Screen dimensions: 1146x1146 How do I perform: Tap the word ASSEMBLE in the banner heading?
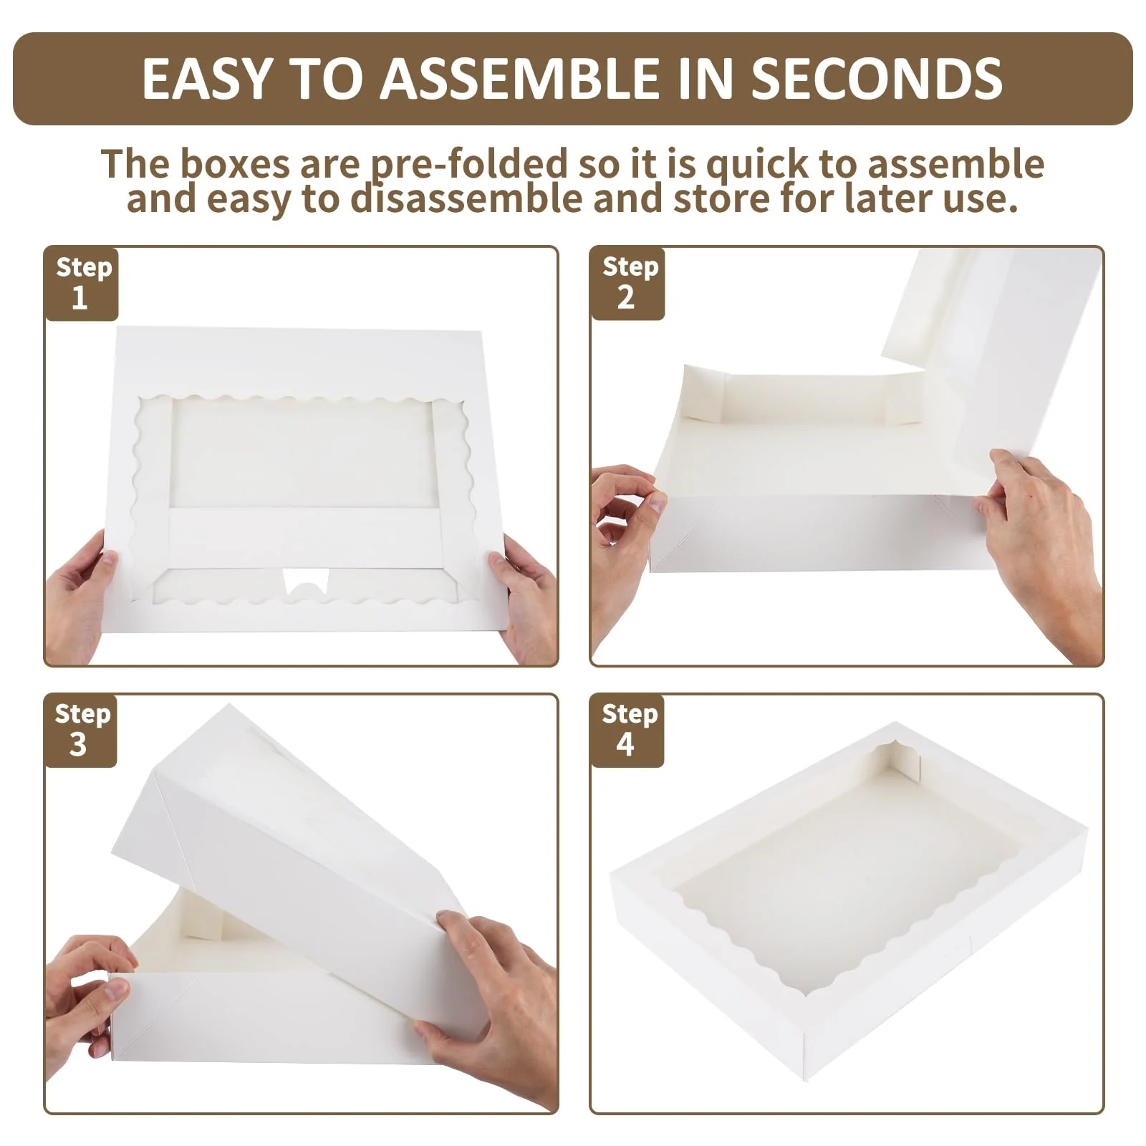pyautogui.click(x=519, y=78)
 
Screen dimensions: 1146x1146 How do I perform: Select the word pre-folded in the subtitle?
pyautogui.click(x=468, y=165)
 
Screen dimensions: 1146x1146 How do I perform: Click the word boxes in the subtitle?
pyautogui.click(x=235, y=164)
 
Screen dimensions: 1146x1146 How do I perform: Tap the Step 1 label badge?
pyautogui.click(x=82, y=284)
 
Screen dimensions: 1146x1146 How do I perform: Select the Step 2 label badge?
pyautogui.click(x=628, y=284)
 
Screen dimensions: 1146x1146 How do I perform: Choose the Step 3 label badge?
pyautogui.click(x=81, y=731)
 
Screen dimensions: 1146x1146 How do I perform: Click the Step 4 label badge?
pyautogui.click(x=627, y=731)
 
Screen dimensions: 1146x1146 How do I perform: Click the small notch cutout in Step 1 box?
pyautogui.click(x=307, y=581)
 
